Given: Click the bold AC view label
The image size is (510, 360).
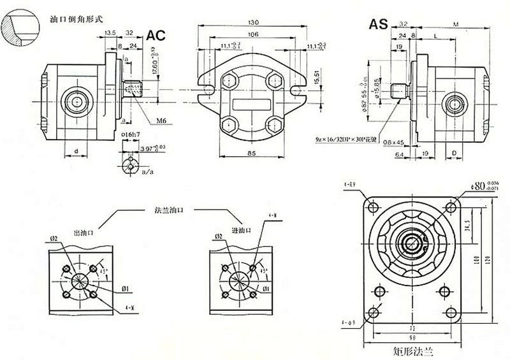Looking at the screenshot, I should coord(157,36).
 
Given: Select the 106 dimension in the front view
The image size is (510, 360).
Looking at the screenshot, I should coord(252,34).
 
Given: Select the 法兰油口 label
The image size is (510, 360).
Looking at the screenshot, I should coord(169,209).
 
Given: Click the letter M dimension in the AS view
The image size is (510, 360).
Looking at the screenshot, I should coord(455,24).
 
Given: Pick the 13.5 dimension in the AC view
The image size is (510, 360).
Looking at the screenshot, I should coord(109,32).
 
